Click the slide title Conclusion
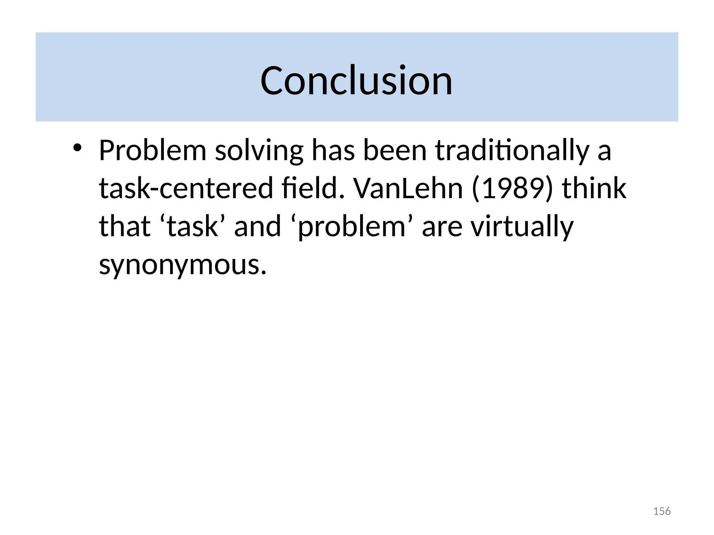[356, 80]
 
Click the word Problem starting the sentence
[153, 150]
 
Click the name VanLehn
[408, 188]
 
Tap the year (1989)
[512, 189]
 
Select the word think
[594, 188]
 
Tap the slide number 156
[661, 511]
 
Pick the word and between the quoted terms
[257, 226]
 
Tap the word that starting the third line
[124, 226]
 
